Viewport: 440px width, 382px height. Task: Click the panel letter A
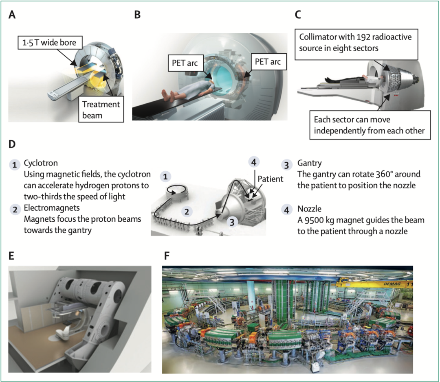tap(12, 15)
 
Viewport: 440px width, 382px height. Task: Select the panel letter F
tap(167, 255)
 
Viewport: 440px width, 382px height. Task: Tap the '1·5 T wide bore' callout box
tap(51, 43)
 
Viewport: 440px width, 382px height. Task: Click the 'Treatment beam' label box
tap(101, 109)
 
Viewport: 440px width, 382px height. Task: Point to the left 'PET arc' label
tap(185, 63)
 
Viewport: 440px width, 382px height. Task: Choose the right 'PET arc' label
tap(268, 62)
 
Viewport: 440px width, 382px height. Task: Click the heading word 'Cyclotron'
tap(41, 163)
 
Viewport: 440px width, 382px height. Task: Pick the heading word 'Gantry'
tap(310, 163)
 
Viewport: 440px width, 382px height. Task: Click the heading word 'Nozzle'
tap(309, 209)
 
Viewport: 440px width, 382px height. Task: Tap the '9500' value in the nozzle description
tap(313, 220)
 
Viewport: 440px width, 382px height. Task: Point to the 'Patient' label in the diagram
tap(270, 179)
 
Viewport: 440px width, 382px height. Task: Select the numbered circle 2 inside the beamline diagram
tap(187, 211)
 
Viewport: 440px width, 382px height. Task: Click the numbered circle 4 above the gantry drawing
tap(254, 162)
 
